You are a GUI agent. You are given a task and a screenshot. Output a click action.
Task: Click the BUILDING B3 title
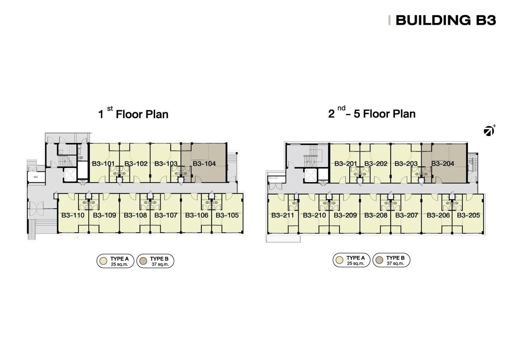coord(446,20)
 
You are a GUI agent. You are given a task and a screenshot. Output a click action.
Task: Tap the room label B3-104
coord(204,164)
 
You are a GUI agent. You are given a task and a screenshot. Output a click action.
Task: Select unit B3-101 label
coord(103,164)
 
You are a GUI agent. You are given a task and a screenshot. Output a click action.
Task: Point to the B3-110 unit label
coord(73,215)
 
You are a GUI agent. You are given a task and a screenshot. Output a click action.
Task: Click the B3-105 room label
coord(227,215)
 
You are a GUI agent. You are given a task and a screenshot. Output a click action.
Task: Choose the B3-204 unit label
coord(442,164)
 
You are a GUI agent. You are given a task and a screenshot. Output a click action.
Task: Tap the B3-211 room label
coord(283,215)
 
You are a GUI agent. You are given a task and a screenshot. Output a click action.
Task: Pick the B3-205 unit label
coord(468,215)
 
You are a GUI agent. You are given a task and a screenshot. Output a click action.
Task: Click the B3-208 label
coord(376,215)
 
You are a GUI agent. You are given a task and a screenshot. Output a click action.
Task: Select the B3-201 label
coord(345,164)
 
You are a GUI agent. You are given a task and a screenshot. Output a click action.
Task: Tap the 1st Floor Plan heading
coord(133,113)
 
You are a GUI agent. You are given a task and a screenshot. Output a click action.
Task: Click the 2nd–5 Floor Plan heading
coord(372,113)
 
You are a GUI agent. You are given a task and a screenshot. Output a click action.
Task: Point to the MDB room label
coord(36,177)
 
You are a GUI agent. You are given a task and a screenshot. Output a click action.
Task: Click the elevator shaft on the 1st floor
coord(70,175)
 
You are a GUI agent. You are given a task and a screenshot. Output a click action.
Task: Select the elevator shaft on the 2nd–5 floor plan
coord(311,176)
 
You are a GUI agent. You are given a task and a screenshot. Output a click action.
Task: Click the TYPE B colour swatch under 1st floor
coord(143,261)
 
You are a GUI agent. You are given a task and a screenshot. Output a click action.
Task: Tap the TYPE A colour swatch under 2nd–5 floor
coord(339,260)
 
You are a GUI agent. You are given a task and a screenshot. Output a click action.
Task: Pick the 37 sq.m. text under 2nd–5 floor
coord(395,263)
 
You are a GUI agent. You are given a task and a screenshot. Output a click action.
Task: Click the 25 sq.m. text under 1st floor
coord(120,264)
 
